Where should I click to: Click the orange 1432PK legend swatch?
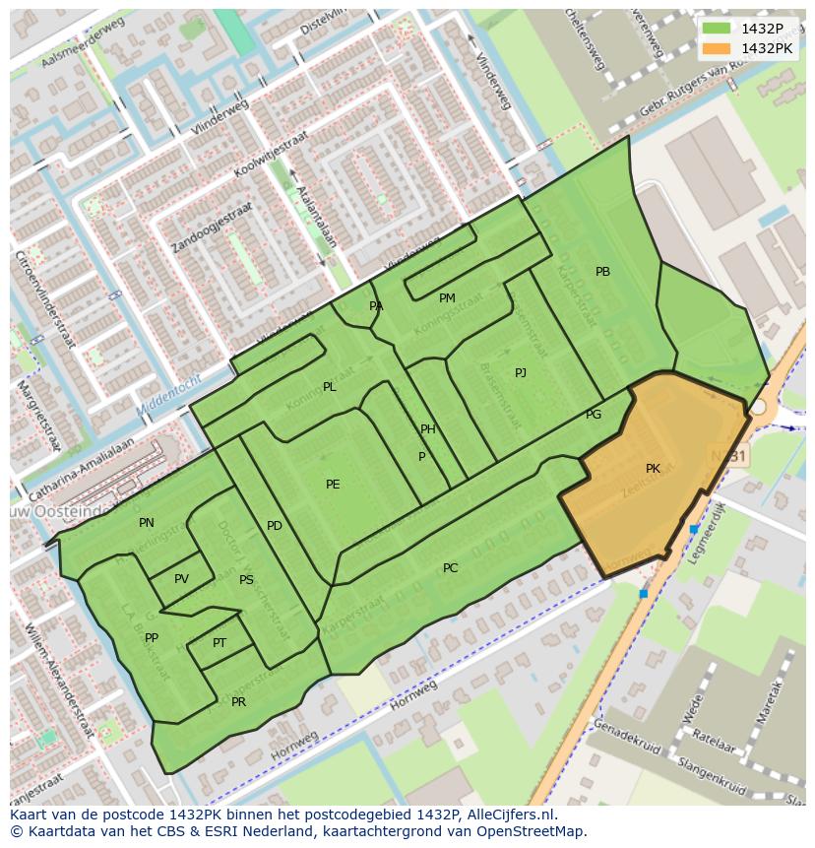pos(718,48)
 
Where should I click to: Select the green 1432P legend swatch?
pos(718,29)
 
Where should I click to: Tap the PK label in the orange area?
pos(653,469)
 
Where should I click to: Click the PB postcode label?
pos(602,272)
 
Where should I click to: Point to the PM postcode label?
pos(447,298)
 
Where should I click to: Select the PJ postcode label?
pos(520,372)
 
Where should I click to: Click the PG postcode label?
pos(593,415)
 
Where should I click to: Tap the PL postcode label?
pos(329,387)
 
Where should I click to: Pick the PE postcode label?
pos(333,485)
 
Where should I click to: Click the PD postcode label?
pos(274,526)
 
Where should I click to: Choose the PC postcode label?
pos(450,568)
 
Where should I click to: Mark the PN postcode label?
pos(146,523)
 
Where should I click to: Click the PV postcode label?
pos(181,579)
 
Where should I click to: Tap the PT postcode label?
pos(219,643)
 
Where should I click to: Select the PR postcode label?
pos(238,702)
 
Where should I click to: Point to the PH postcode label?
pos(427,429)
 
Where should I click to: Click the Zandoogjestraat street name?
pos(211,228)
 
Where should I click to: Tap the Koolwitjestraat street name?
pos(271,155)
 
